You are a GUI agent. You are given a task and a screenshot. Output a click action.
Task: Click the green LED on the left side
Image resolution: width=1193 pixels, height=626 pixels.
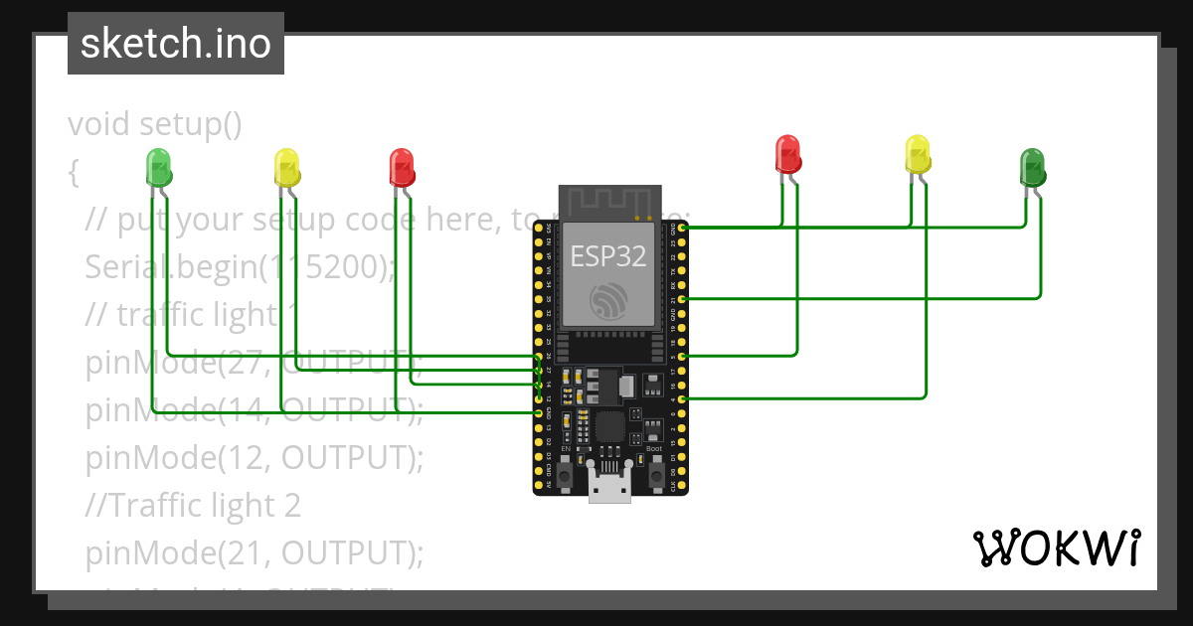(x=158, y=166)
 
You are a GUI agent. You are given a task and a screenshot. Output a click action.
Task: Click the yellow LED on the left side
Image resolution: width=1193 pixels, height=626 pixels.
(x=285, y=167)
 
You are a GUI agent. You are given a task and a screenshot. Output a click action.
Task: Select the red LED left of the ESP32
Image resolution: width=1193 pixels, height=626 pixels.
(x=401, y=166)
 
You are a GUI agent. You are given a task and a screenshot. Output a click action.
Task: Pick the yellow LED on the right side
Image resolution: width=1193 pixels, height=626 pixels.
(x=918, y=153)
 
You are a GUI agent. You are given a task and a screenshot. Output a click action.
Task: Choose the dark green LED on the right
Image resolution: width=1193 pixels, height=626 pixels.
(x=1032, y=167)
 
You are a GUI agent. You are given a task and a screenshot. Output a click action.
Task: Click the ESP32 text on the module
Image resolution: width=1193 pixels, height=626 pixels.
(x=608, y=256)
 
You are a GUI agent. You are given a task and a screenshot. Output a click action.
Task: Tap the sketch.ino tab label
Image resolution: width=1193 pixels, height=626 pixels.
(x=176, y=44)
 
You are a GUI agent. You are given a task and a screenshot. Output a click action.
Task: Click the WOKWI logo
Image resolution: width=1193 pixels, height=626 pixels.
(x=1056, y=548)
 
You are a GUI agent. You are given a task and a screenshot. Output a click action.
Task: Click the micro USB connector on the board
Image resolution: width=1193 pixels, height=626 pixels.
(x=609, y=486)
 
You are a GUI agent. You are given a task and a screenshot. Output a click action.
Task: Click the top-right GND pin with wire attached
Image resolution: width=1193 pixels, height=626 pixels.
(x=683, y=228)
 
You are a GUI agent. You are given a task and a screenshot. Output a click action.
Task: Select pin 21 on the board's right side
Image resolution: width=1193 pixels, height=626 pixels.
(x=683, y=298)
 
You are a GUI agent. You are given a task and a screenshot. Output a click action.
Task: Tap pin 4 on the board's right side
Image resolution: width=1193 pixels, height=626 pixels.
(x=683, y=398)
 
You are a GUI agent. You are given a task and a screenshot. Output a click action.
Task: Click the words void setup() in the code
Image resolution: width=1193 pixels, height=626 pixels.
(x=155, y=124)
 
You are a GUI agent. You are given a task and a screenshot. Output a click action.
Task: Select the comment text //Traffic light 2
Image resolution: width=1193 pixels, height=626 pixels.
(x=193, y=505)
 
